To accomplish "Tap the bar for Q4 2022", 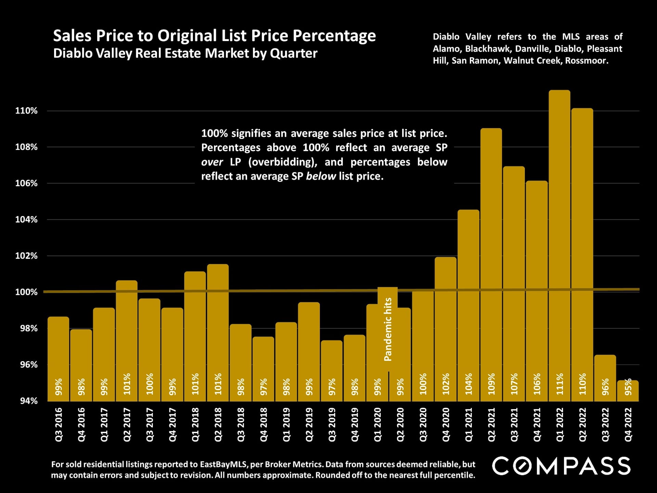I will (x=628, y=390).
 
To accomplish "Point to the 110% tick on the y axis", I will (x=26, y=111).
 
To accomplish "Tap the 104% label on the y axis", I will (x=26, y=220).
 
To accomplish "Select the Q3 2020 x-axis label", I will (x=423, y=425).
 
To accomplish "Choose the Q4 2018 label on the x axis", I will (x=263, y=425).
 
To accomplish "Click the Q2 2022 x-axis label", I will (x=583, y=425).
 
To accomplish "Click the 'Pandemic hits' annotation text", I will (x=388, y=329).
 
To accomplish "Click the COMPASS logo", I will (x=561, y=466).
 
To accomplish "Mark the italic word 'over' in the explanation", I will (x=212, y=162).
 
